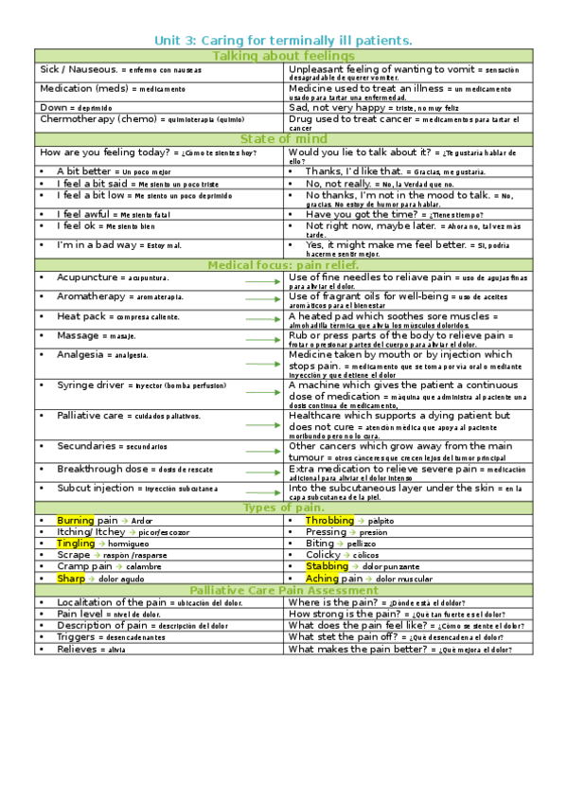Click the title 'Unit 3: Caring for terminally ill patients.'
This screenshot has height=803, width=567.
click(283, 40)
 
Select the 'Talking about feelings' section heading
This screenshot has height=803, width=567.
click(282, 57)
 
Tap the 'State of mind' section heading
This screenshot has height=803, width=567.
click(282, 139)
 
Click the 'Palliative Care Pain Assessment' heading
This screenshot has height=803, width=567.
click(282, 590)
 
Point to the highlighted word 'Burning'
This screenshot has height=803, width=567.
click(76, 521)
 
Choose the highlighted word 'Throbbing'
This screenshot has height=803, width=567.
click(329, 521)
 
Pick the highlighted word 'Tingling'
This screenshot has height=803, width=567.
click(76, 544)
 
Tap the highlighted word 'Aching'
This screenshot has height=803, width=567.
click(322, 578)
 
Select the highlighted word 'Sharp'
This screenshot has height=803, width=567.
click(71, 578)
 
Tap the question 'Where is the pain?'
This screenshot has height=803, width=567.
click(335, 602)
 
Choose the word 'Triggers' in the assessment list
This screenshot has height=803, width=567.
click(78, 636)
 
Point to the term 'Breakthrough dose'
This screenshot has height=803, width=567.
click(102, 469)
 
